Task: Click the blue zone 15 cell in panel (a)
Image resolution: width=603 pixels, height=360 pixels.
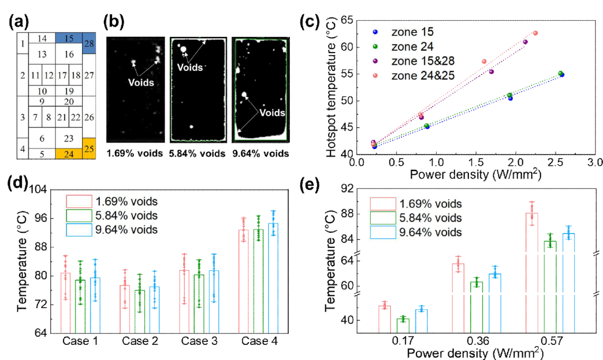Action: click(x=69, y=38)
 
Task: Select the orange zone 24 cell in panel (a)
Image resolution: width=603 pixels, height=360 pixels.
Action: click(x=69, y=153)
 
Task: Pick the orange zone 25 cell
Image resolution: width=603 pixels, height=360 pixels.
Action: click(x=89, y=148)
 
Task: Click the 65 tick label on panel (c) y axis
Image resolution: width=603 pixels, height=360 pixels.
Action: click(x=345, y=20)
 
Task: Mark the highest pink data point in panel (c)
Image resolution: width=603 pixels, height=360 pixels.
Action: click(x=535, y=33)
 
